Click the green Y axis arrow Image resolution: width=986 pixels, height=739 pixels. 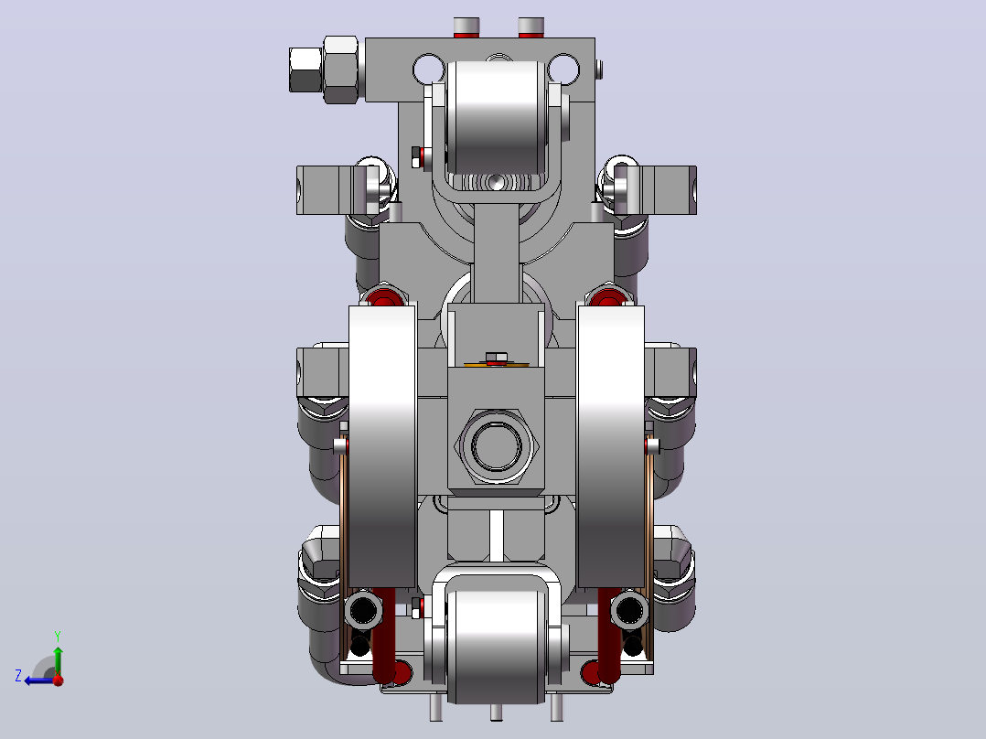pyautogui.click(x=58, y=661)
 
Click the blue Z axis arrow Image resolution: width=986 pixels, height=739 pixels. pyautogui.click(x=40, y=680)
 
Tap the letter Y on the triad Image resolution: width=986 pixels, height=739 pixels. pyautogui.click(x=58, y=637)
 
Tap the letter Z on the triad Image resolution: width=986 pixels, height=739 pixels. pyautogui.click(x=18, y=676)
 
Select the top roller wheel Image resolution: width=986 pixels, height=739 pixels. pyautogui.click(x=496, y=117)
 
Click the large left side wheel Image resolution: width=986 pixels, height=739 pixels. pyautogui.click(x=382, y=446)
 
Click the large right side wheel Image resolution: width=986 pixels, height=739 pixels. pyautogui.click(x=611, y=446)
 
